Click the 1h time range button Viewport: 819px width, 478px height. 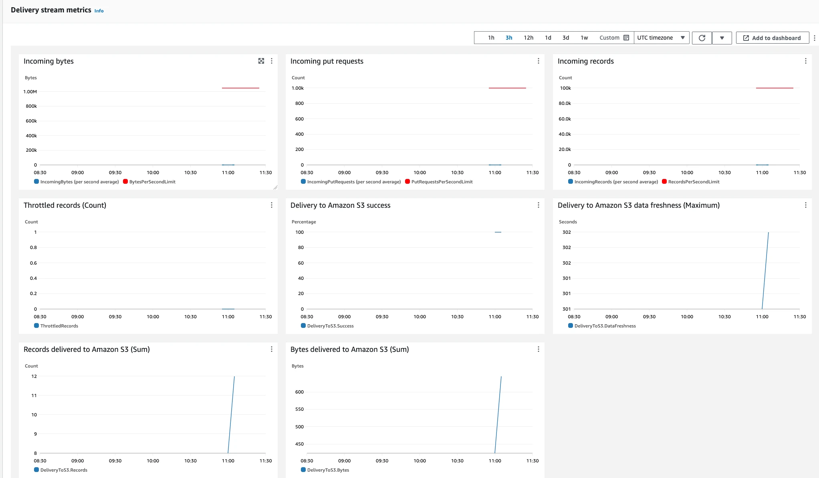click(x=491, y=38)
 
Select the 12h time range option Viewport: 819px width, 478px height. click(x=529, y=38)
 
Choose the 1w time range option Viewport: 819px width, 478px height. click(x=584, y=38)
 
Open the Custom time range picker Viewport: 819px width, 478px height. click(x=614, y=38)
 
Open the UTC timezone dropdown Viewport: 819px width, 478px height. click(x=661, y=38)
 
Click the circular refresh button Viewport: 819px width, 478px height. click(x=702, y=38)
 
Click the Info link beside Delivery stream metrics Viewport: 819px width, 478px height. click(x=99, y=11)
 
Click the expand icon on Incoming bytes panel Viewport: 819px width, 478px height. click(x=261, y=61)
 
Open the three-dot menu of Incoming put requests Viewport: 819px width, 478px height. click(x=538, y=61)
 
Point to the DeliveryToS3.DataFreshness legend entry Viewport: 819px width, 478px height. click(x=602, y=326)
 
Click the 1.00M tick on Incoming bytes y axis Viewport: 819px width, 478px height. click(x=30, y=92)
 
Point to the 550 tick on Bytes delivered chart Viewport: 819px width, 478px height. click(x=299, y=409)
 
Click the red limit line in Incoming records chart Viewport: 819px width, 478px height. click(x=775, y=88)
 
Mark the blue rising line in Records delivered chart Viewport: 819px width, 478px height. click(x=231, y=415)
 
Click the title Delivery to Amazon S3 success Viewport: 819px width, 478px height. click(x=340, y=205)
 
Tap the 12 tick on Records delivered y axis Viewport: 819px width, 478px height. click(x=34, y=376)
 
